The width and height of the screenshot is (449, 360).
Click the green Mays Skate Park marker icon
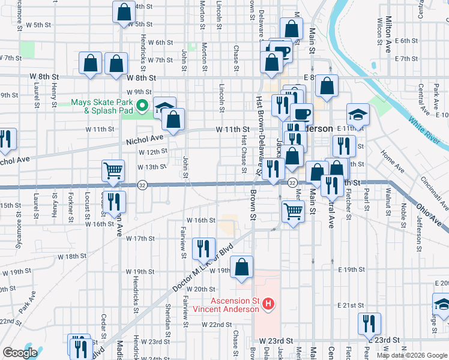pos(142,107)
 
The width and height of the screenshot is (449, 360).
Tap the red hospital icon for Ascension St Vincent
pos(268,305)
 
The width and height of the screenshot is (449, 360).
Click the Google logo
pos(20,353)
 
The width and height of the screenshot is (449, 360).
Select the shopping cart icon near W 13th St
pos(113,172)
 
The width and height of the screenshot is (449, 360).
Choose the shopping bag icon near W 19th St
pos(241,268)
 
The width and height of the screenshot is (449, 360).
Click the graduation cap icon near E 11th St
pos(358,116)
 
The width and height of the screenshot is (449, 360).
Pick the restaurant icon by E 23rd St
pos(369,324)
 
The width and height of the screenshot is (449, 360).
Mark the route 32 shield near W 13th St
pos(142,184)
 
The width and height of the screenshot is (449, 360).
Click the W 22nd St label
pos(217,325)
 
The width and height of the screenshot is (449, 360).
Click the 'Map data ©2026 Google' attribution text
pos(411,355)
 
